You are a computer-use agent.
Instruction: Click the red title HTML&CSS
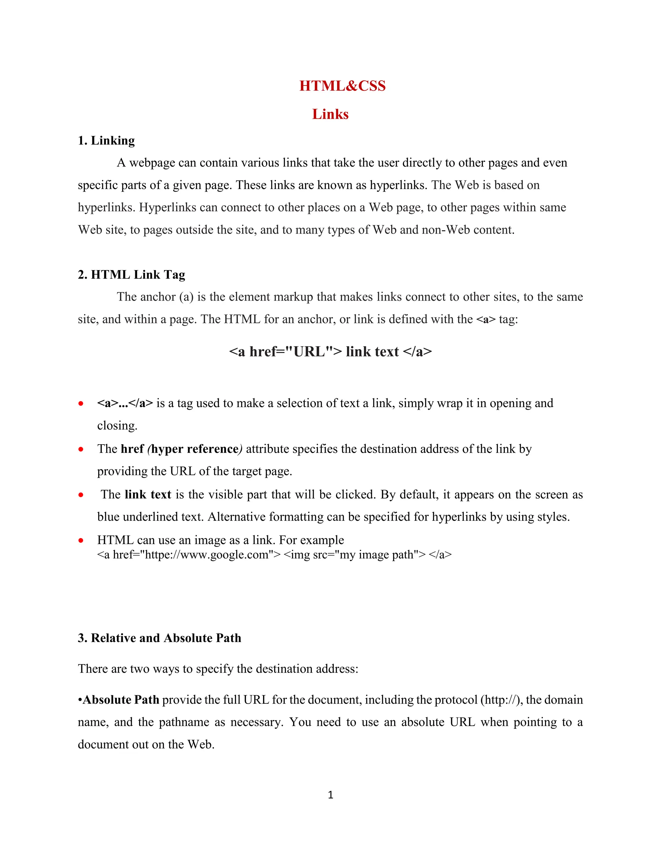[342, 86]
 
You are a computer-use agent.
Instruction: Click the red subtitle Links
[330, 114]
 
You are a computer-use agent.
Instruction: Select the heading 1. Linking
[106, 140]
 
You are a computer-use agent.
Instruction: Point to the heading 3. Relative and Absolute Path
[159, 638]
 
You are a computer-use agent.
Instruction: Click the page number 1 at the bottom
[330, 794]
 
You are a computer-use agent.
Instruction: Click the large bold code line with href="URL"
[330, 351]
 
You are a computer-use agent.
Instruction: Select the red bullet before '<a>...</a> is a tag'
[81, 403]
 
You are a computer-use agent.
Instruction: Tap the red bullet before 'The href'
[81, 449]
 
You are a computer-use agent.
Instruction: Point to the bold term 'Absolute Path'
[121, 699]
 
